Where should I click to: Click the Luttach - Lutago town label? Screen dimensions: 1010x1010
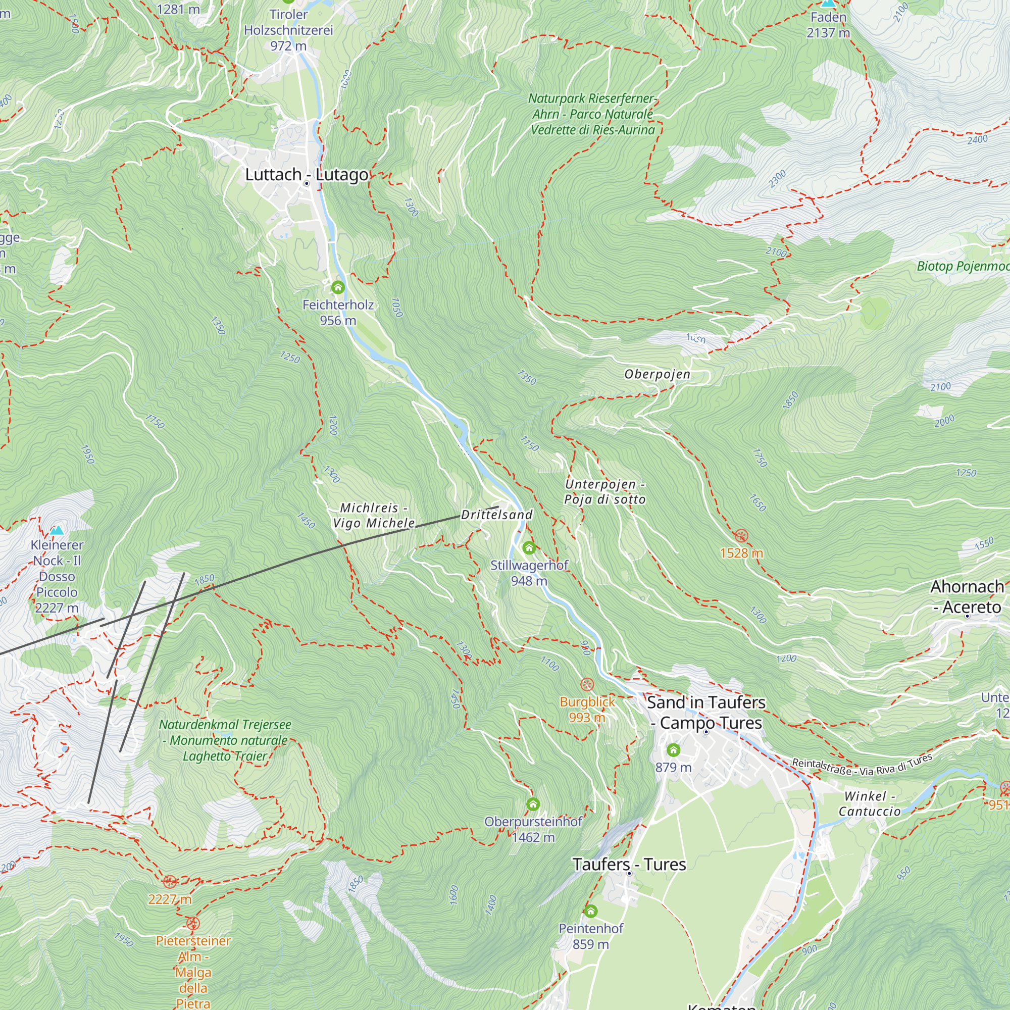(307, 175)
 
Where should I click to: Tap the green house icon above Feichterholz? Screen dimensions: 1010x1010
(338, 287)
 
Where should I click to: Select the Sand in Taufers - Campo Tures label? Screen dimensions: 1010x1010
(706, 712)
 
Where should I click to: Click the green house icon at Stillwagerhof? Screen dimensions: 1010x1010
(529, 548)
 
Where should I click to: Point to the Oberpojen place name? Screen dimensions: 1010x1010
(657, 374)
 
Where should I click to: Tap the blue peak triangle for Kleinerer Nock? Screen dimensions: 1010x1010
(57, 530)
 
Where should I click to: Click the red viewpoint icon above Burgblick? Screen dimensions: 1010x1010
(587, 684)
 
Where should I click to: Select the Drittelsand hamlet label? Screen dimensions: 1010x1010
(496, 515)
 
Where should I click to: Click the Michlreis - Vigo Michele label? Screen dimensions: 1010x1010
(374, 516)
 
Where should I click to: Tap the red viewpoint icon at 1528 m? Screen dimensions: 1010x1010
(741, 536)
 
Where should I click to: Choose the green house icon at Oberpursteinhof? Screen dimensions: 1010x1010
(533, 804)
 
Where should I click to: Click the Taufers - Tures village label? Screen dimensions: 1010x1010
(629, 865)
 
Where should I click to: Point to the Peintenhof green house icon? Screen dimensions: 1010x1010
(591, 912)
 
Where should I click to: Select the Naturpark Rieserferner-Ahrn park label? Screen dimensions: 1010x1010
(593, 114)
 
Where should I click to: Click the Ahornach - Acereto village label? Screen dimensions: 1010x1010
(967, 597)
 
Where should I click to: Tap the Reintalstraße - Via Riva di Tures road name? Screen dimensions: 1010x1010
(862, 766)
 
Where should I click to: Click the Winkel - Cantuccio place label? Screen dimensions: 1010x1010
(870, 804)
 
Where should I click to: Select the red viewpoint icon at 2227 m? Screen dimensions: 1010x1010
(169, 882)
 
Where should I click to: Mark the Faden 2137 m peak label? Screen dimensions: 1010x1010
(828, 25)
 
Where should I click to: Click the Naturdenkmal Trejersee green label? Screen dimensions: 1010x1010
(225, 740)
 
